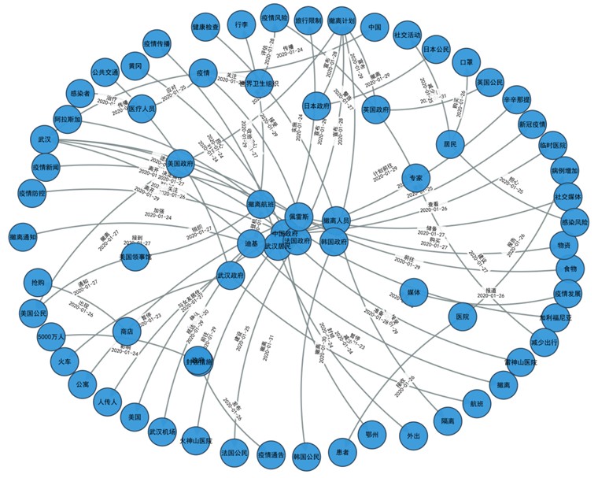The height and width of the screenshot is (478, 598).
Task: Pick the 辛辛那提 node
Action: [517, 99]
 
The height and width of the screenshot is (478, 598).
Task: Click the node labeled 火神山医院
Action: [196, 441]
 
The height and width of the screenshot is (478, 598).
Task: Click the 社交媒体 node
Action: [567, 196]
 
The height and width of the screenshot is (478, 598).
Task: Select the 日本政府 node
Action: [316, 106]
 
